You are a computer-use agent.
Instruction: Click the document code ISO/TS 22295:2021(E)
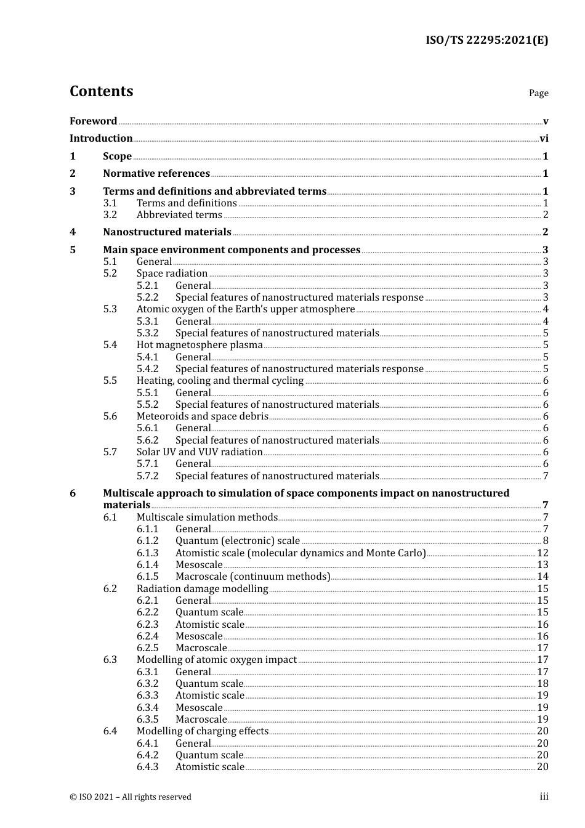(x=486, y=41)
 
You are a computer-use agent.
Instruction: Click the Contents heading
(x=102, y=91)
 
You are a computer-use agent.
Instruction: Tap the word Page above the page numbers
(x=538, y=93)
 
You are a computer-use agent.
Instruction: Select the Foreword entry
(x=93, y=121)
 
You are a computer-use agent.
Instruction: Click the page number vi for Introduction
(x=544, y=139)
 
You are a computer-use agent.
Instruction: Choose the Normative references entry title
(x=156, y=174)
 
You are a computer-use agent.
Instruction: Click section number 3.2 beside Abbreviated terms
(x=110, y=215)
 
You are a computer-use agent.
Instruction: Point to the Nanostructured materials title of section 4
(x=167, y=232)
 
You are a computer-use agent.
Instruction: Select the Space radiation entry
(x=172, y=274)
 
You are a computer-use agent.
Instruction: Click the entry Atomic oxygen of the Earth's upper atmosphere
(x=245, y=309)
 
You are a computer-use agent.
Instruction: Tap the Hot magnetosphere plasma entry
(x=200, y=345)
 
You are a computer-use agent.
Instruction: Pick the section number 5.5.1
(x=148, y=393)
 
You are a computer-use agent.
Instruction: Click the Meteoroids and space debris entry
(x=202, y=416)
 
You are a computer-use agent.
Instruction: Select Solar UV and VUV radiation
(x=200, y=452)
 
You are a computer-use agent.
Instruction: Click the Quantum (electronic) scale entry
(x=237, y=541)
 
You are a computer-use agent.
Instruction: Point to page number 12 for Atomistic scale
(x=543, y=553)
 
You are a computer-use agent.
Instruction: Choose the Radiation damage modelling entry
(x=202, y=589)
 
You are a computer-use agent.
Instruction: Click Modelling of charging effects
(x=202, y=731)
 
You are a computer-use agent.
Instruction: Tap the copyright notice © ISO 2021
(x=130, y=797)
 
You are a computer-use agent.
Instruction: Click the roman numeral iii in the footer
(x=544, y=797)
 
